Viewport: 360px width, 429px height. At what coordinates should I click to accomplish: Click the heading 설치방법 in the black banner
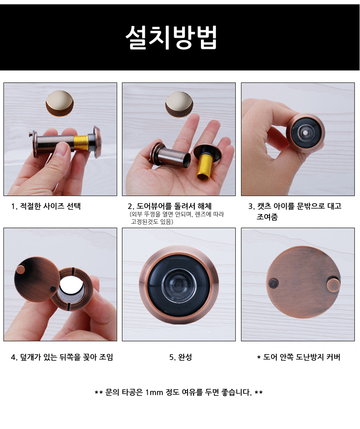pyautogui.click(x=171, y=37)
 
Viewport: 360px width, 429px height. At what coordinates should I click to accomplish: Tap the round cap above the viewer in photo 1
pyautogui.click(x=60, y=102)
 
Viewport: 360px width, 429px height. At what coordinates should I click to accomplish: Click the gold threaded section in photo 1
pyautogui.click(x=81, y=143)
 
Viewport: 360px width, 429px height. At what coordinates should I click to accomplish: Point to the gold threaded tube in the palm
pyautogui.click(x=206, y=166)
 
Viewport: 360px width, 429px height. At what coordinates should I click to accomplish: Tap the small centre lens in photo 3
pyautogui.click(x=305, y=133)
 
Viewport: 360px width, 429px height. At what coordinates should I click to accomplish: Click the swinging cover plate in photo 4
pyautogui.click(x=36, y=278)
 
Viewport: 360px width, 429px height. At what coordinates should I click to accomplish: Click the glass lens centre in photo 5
pyautogui.click(x=179, y=285)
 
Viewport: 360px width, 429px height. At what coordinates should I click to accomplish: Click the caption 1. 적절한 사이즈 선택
pyautogui.click(x=46, y=206)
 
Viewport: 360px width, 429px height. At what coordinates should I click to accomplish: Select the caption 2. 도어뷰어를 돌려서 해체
pyautogui.click(x=170, y=206)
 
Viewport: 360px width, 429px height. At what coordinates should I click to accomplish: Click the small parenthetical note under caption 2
pyautogui.click(x=177, y=218)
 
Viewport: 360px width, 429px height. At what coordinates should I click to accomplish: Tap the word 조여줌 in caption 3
pyautogui.click(x=267, y=217)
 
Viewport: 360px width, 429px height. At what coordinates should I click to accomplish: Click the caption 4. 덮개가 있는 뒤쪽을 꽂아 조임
pyautogui.click(x=62, y=357)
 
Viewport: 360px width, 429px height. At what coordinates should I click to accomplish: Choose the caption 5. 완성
pyautogui.click(x=180, y=357)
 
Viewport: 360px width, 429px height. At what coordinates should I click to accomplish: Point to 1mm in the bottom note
pyautogui.click(x=154, y=392)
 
